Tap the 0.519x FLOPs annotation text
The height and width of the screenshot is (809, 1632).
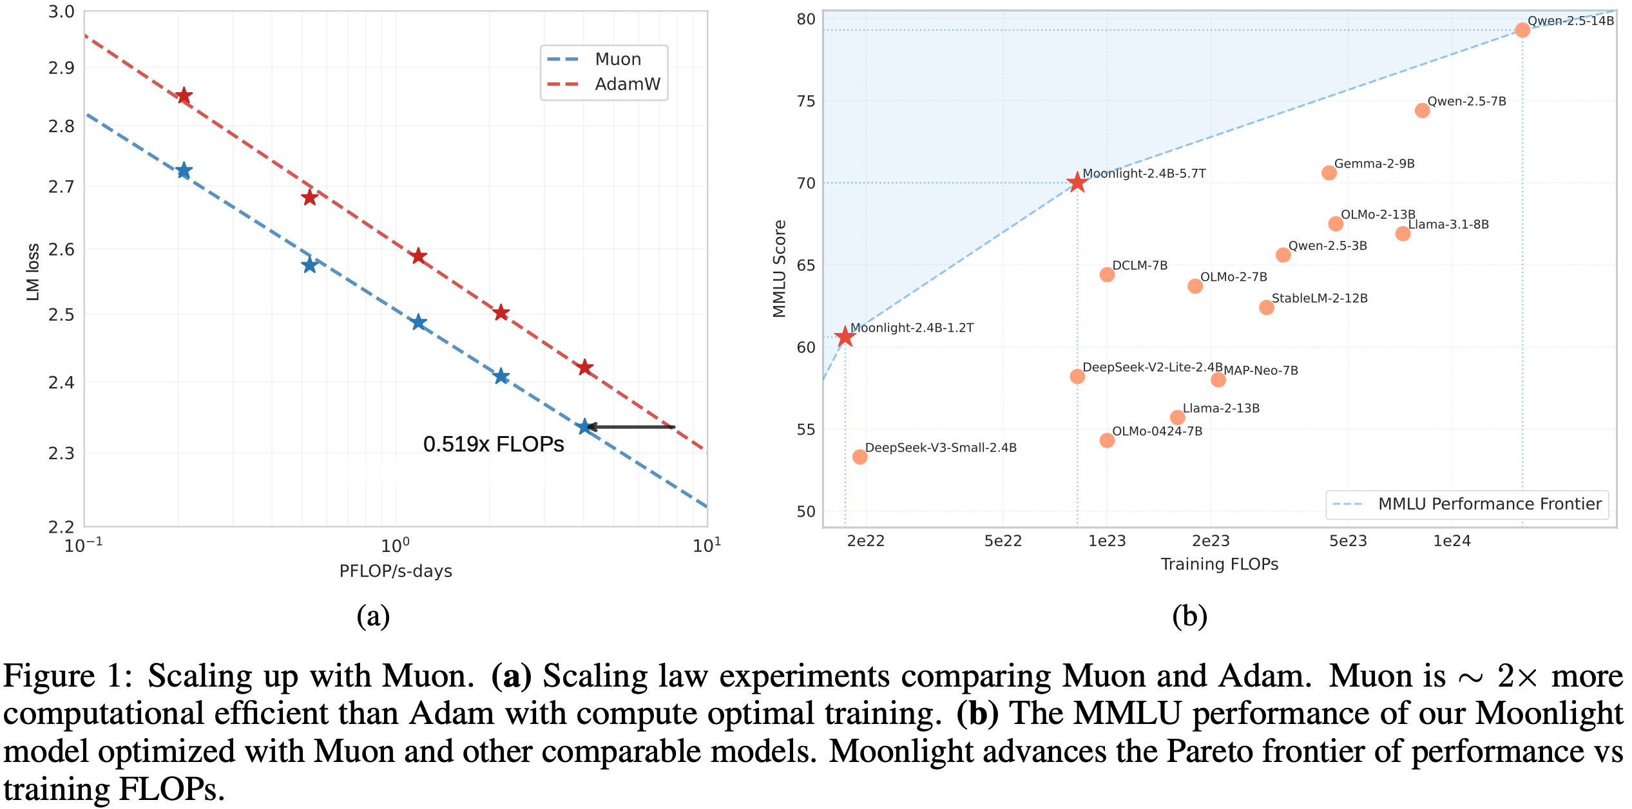pyautogui.click(x=493, y=444)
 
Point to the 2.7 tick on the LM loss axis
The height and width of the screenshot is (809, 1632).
pyautogui.click(x=61, y=187)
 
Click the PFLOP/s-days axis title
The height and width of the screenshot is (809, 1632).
pyautogui.click(x=396, y=571)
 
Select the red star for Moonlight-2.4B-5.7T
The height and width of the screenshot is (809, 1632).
pyautogui.click(x=1077, y=182)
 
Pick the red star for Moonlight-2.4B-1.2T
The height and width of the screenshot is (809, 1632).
pyautogui.click(x=845, y=336)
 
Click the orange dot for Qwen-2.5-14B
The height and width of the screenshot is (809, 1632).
pyautogui.click(x=1522, y=30)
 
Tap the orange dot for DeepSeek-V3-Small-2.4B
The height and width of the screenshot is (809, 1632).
pyautogui.click(x=859, y=457)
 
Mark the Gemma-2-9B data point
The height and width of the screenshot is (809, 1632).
pyautogui.click(x=1329, y=173)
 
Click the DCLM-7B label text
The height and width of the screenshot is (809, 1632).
pyautogui.click(x=1139, y=265)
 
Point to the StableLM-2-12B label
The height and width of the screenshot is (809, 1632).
pyautogui.click(x=1319, y=298)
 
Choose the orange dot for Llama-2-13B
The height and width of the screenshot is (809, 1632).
pyautogui.click(x=1177, y=417)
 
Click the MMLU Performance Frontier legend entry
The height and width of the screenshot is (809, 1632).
pyautogui.click(x=1489, y=504)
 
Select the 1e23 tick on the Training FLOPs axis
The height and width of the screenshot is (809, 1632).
pyautogui.click(x=1107, y=541)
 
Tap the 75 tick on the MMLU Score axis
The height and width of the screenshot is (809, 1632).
pyautogui.click(x=805, y=101)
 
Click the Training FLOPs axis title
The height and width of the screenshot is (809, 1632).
pyautogui.click(x=1219, y=564)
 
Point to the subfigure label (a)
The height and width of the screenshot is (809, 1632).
pyautogui.click(x=373, y=616)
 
